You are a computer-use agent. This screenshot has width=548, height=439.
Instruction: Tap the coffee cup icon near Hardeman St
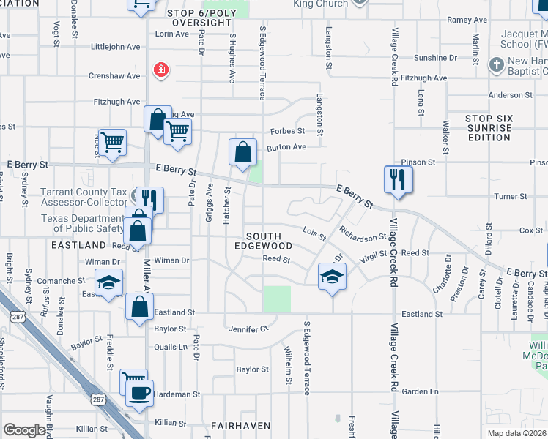139,393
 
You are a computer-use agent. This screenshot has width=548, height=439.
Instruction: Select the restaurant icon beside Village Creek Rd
398,179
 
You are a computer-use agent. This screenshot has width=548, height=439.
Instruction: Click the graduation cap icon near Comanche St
109,282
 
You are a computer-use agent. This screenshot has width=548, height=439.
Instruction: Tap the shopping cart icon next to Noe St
112,142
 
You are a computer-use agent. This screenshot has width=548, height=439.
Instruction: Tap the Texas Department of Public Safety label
83,223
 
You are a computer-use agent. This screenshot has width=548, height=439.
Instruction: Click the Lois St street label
314,233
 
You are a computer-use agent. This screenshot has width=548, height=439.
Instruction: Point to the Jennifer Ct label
248,328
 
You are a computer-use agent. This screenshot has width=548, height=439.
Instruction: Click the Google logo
24,430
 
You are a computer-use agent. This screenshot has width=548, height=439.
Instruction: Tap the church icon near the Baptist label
496,65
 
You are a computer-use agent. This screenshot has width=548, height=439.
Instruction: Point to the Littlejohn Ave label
115,47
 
